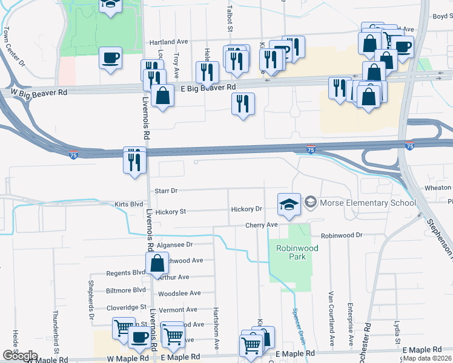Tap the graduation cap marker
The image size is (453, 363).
click(x=289, y=204)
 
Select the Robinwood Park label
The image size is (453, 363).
click(x=291, y=252)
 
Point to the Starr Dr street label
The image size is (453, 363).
click(x=165, y=191)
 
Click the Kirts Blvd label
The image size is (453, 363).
click(x=128, y=204)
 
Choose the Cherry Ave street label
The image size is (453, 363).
click(x=261, y=225)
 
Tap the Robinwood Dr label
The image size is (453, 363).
click(x=341, y=235)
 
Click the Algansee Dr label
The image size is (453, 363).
click(x=174, y=245)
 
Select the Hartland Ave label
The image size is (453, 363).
click(x=169, y=42)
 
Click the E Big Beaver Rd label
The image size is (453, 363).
click(x=207, y=88)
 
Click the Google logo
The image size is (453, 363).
click(x=19, y=356)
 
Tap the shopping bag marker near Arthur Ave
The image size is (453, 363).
click(x=157, y=264)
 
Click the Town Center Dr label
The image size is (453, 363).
click(x=13, y=46)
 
